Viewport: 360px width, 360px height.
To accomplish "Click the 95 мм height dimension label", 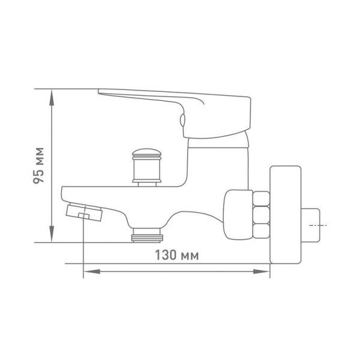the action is click(38, 166).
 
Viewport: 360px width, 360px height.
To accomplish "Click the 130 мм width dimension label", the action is click(177, 255).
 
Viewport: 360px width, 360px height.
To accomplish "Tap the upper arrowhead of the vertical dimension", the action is click(52, 98).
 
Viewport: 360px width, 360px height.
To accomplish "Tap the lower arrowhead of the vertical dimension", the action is click(52, 234).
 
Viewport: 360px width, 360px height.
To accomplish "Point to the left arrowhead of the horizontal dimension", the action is click(92, 272).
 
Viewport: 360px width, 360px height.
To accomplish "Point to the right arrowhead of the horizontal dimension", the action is click(261, 272).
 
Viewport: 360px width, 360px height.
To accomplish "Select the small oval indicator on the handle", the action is click(182, 121).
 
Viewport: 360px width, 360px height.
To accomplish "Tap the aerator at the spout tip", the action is click(84, 212).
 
